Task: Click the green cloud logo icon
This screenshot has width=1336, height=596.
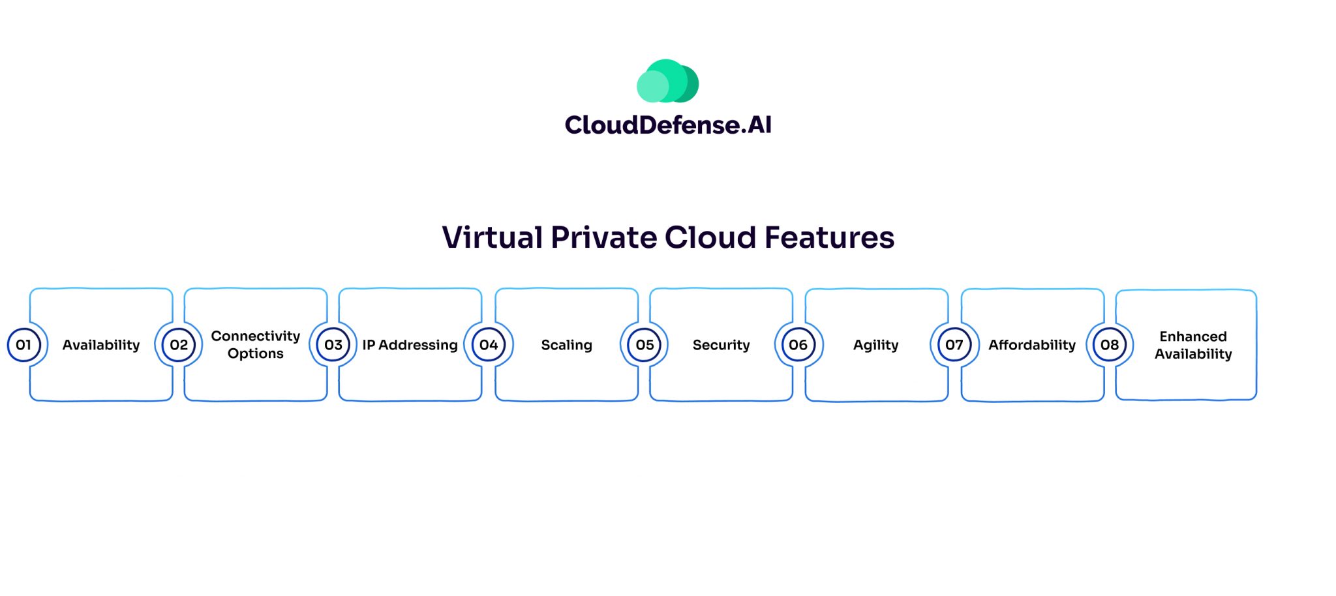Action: click(x=667, y=82)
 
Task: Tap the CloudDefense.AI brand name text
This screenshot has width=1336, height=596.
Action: click(x=668, y=125)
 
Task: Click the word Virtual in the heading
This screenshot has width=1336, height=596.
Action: click(x=492, y=237)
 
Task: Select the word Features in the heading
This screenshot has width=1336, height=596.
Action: click(x=829, y=237)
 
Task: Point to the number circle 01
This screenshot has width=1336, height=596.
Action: click(x=23, y=345)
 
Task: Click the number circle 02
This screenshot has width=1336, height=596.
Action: click(x=179, y=345)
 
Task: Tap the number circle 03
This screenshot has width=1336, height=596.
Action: click(x=333, y=345)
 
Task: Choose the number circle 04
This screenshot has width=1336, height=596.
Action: click(x=489, y=345)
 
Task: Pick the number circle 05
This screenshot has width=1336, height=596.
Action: click(x=645, y=345)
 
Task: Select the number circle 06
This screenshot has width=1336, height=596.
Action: click(x=798, y=345)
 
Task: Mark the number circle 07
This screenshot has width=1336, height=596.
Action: click(x=954, y=345)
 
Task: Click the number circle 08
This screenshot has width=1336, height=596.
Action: click(x=1110, y=345)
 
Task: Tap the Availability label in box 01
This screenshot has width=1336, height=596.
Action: click(x=101, y=345)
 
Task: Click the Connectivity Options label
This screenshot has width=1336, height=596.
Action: click(x=256, y=344)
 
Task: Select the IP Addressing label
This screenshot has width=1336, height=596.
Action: click(x=410, y=345)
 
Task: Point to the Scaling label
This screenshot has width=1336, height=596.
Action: click(x=566, y=345)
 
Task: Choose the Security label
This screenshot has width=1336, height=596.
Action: click(x=721, y=345)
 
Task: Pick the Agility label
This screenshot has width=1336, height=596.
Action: click(x=875, y=345)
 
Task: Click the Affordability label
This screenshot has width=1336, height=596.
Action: click(x=1031, y=345)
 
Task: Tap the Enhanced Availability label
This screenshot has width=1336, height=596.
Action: click(x=1193, y=345)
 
